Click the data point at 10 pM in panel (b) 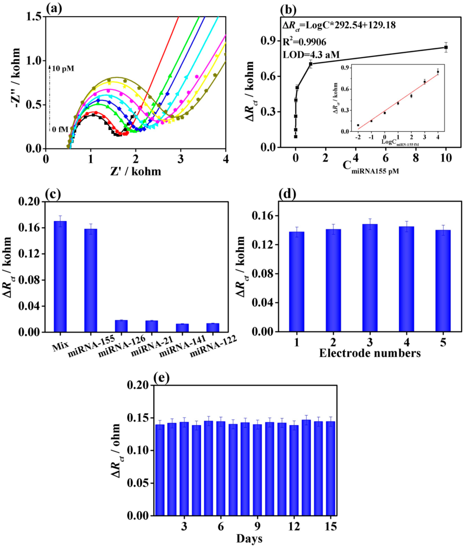(x=446, y=47)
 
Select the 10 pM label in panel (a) (x=63, y=69)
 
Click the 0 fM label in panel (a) (x=60, y=129)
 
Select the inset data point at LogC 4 (x=438, y=72)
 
